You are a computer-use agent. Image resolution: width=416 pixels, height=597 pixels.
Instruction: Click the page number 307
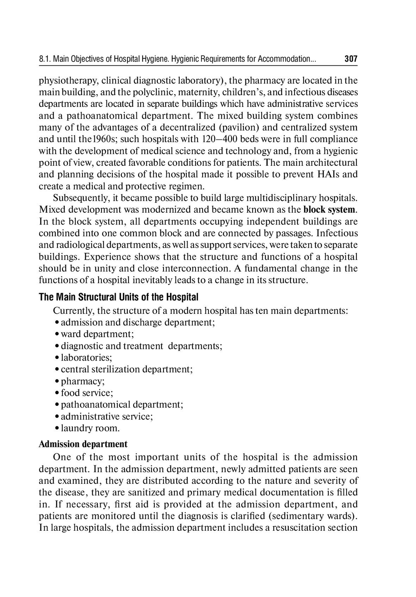351,59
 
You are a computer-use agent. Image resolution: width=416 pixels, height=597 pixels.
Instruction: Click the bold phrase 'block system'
329,209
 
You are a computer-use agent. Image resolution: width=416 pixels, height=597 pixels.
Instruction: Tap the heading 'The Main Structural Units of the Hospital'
119,297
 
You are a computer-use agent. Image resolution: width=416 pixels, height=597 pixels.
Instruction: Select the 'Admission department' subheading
83,444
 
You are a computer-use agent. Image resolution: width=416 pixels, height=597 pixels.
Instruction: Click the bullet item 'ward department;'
97,334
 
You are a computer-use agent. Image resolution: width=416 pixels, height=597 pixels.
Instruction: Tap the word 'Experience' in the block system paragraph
106,257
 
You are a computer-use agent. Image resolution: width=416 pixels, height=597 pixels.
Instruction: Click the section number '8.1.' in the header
45,59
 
